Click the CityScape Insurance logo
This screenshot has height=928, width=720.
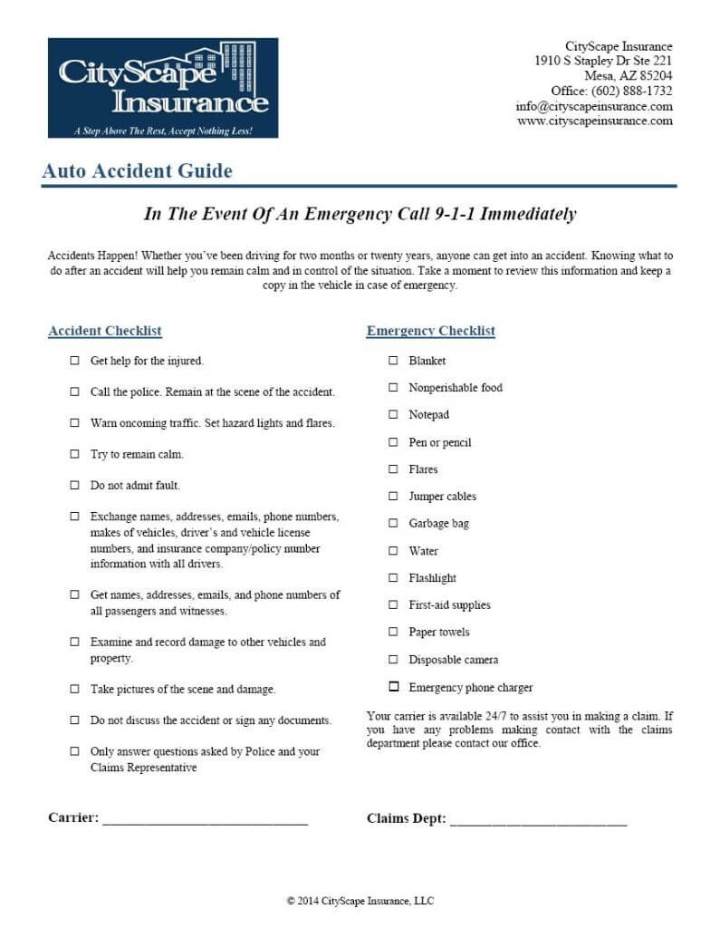pos(163,88)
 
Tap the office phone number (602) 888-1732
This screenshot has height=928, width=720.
pos(631,91)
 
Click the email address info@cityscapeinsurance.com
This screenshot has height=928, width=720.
pos(594,106)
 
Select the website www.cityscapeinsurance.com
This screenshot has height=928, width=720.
pos(595,121)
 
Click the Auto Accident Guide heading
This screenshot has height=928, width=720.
pos(137,170)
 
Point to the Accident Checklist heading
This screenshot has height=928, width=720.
pos(105,331)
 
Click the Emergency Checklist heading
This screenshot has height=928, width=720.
pos(430,331)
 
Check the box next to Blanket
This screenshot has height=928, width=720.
pos(393,361)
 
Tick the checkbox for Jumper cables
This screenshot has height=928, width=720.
pos(393,497)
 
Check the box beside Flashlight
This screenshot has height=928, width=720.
pos(393,578)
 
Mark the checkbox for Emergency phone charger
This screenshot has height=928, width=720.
pos(393,687)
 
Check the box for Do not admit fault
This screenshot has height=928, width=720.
pos(74,486)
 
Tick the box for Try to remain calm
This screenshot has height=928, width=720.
pos(74,454)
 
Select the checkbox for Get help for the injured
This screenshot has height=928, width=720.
pos(74,361)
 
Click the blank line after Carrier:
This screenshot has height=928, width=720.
pos(206,821)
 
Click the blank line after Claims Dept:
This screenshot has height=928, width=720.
pos(538,821)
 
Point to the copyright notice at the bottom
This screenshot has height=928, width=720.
pos(360,901)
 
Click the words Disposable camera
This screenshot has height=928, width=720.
pos(453,660)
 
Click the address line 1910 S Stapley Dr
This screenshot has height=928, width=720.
pos(603,61)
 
